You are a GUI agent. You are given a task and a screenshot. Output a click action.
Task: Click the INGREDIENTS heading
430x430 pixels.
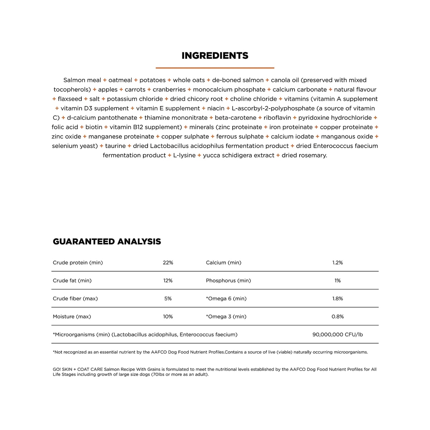tap(215, 56)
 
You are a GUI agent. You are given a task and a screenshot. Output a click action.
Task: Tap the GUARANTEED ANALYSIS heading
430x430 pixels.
tap(107, 242)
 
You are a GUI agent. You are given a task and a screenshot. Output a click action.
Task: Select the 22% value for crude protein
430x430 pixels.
tap(168, 263)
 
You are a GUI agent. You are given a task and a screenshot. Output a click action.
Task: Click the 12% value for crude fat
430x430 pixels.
tap(168, 281)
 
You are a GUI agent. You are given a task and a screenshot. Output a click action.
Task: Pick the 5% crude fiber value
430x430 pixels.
tap(168, 298)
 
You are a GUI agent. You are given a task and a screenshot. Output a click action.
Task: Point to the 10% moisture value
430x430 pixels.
tap(168, 316)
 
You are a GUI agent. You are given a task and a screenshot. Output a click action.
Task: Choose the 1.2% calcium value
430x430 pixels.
tap(337, 263)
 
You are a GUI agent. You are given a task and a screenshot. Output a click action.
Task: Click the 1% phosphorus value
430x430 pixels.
tap(337, 281)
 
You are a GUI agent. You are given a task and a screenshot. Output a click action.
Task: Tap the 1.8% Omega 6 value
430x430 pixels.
tap(337, 298)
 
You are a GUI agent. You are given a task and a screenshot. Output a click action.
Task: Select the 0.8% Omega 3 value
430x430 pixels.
tap(337, 316)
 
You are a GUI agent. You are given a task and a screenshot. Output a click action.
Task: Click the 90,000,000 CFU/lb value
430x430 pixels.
tap(337, 334)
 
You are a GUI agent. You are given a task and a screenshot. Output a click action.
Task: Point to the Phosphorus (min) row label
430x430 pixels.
tap(228, 281)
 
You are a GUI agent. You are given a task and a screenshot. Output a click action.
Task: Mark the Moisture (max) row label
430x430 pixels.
tap(72, 316)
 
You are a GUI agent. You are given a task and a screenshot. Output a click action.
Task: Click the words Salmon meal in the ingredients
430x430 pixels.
tap(82, 80)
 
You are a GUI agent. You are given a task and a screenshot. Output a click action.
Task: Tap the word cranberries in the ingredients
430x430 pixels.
tap(169, 90)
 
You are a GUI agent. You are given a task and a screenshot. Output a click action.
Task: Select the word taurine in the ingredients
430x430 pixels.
tap(115, 146)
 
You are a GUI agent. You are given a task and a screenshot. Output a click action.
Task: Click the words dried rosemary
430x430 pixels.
tap(304, 155)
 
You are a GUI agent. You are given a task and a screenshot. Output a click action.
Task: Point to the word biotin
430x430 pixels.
tap(94, 127)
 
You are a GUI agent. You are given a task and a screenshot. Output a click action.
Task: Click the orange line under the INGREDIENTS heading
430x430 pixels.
tap(215, 68)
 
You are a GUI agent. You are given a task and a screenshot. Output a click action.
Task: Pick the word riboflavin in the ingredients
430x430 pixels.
tap(277, 118)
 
